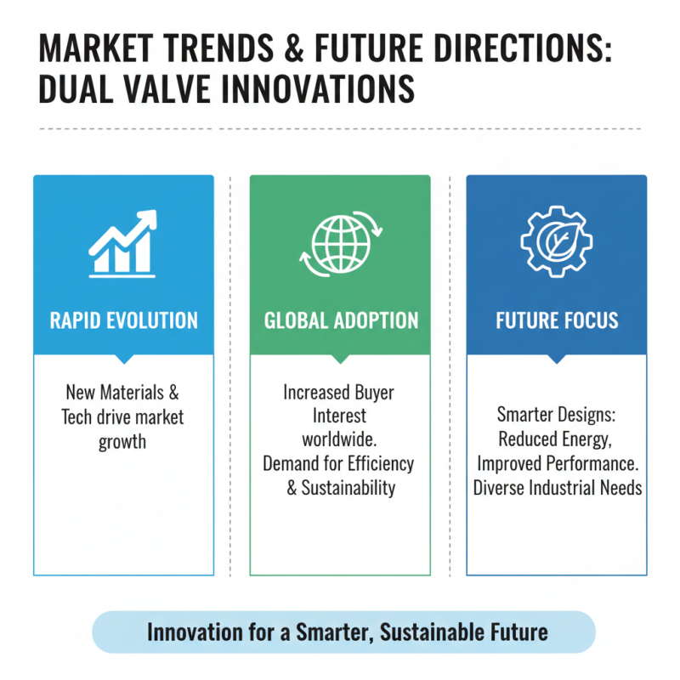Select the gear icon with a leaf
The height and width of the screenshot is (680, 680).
(x=557, y=241)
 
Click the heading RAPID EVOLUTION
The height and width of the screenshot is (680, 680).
(x=123, y=320)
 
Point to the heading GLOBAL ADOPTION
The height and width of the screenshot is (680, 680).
(x=340, y=320)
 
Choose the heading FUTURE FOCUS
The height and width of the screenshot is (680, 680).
(x=557, y=320)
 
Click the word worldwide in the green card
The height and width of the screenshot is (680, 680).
(x=339, y=440)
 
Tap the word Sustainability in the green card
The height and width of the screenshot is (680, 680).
(x=348, y=487)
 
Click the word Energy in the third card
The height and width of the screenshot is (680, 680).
(x=583, y=440)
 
